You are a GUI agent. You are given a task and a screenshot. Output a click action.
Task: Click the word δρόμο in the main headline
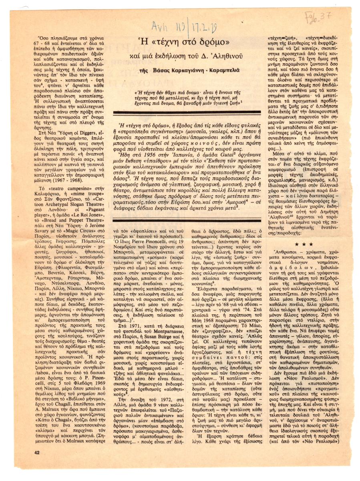(212, 40)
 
